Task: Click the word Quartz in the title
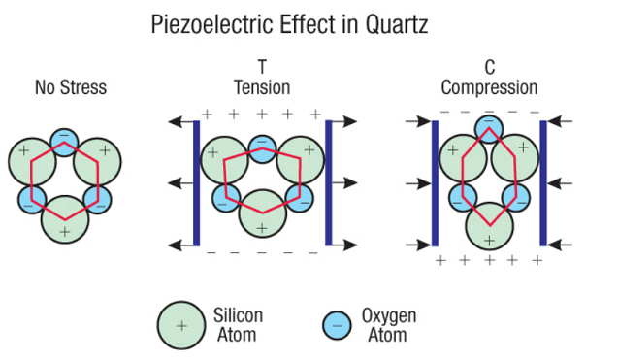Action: point(396,24)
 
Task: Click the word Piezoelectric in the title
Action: point(211,24)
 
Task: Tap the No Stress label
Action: point(71,87)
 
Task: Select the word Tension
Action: point(262,87)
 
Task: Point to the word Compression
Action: point(489,87)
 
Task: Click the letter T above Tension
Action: point(262,67)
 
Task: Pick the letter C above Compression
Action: point(490,67)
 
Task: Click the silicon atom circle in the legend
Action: point(181,326)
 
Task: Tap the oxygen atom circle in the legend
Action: point(337,326)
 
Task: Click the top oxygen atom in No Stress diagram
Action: point(65,142)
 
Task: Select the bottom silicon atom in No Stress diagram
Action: point(65,219)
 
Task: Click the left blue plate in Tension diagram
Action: point(196,183)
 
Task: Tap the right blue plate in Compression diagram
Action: point(543,183)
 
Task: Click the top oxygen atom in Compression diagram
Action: point(489,129)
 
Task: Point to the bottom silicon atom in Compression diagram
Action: point(490,226)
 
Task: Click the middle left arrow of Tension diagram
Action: point(180,183)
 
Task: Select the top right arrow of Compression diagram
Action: point(560,121)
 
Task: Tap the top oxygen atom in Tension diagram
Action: point(263,149)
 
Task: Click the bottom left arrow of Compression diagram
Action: point(418,245)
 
